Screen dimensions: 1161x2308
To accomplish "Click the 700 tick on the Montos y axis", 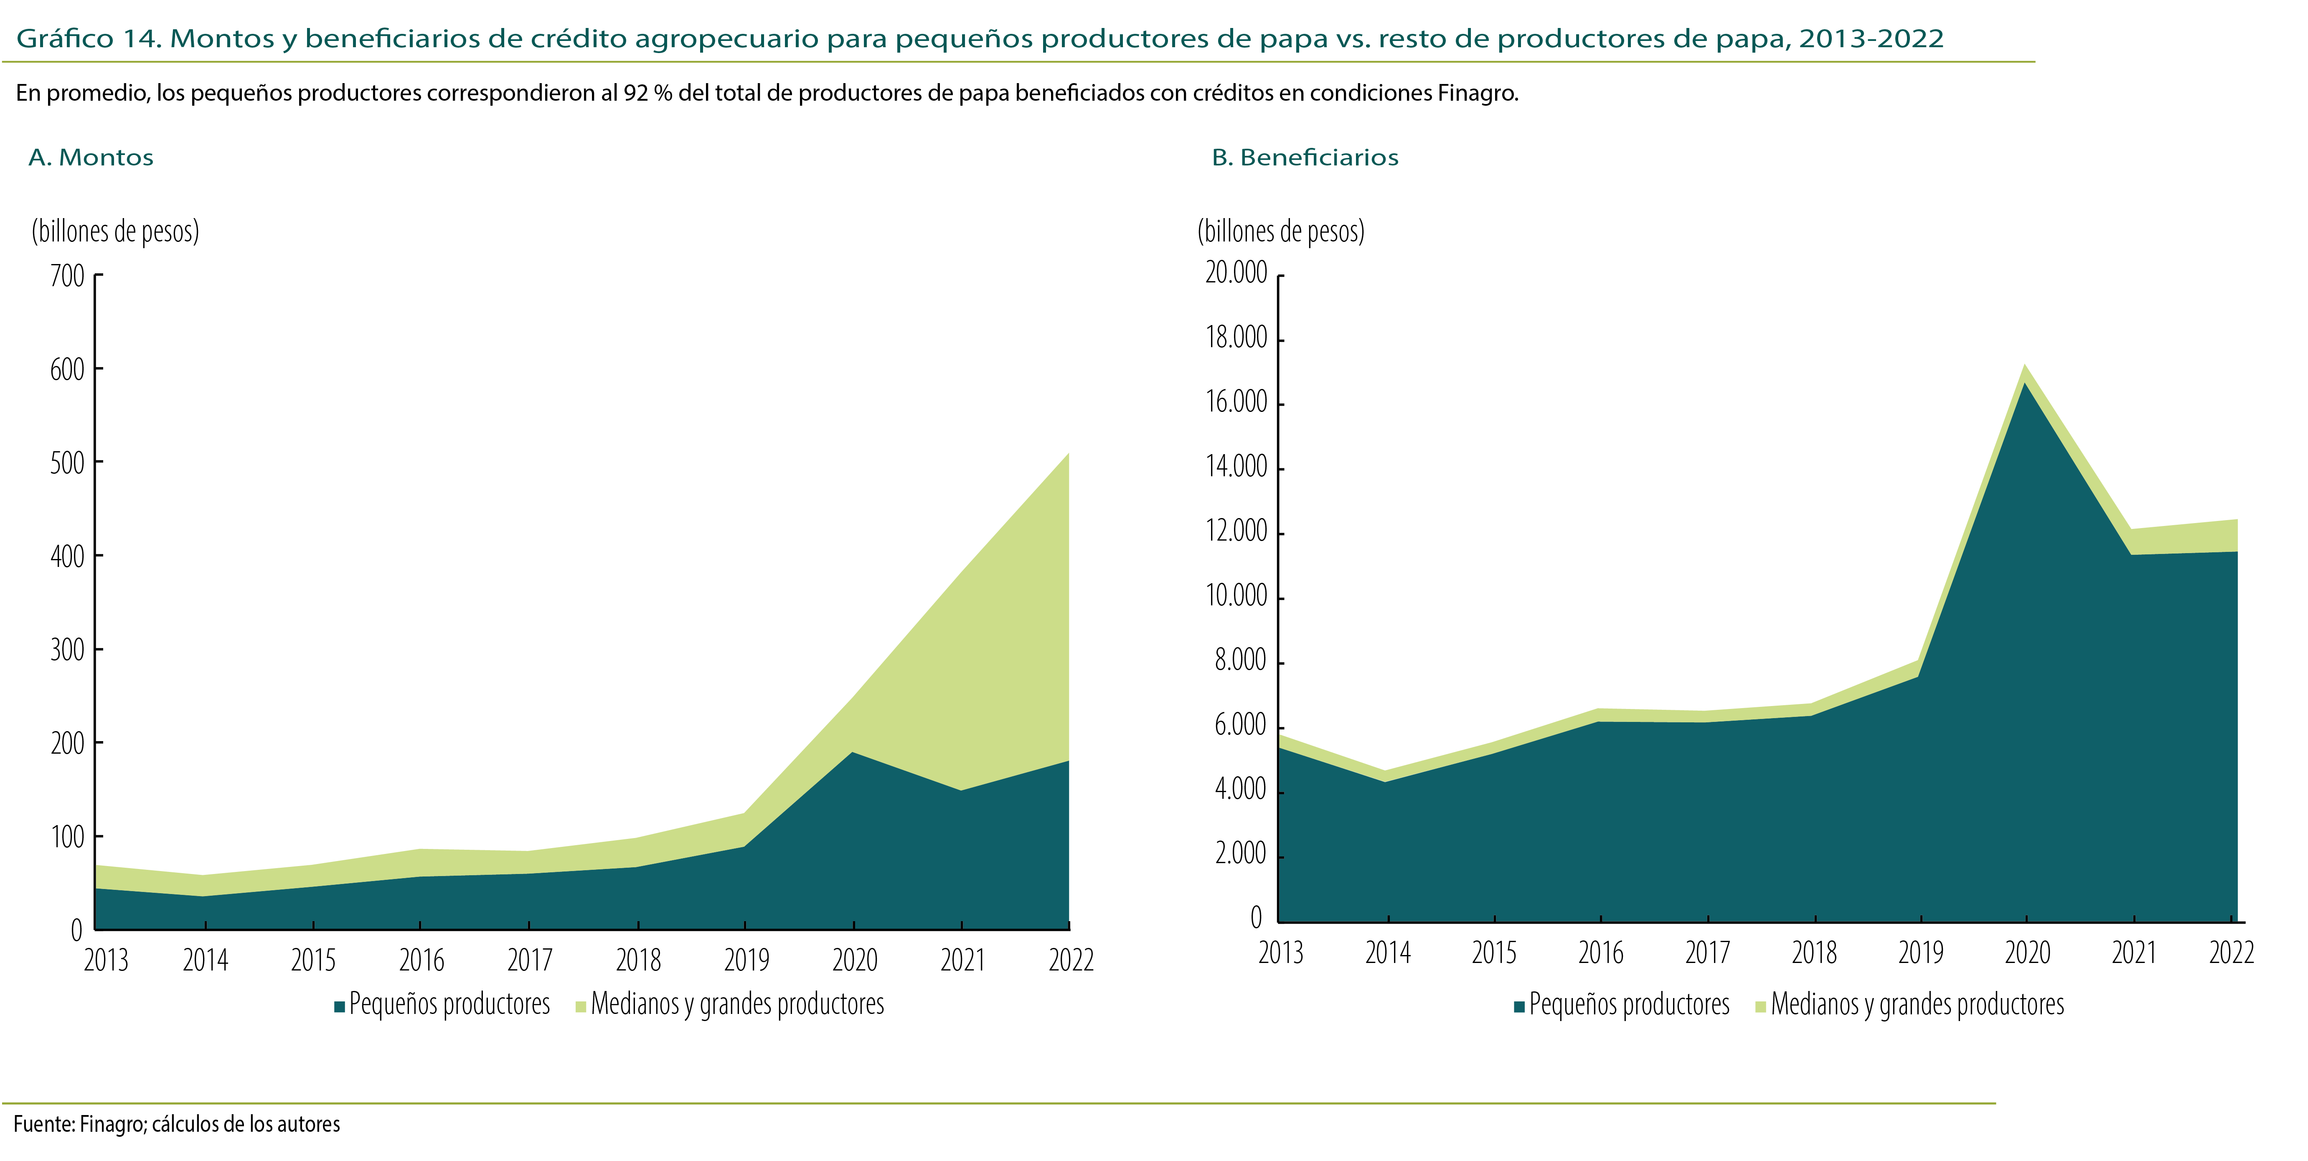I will click(67, 276).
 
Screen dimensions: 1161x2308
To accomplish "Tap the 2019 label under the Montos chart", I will click(746, 960).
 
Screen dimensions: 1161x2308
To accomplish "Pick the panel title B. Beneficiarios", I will click(1305, 158).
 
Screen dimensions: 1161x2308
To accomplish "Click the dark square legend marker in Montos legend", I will click(340, 1007).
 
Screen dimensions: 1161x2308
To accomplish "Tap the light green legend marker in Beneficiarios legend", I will click(1760, 1007).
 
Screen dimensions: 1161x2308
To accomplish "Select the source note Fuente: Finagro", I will click(177, 1124).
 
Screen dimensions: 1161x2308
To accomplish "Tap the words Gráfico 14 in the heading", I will click(88, 38).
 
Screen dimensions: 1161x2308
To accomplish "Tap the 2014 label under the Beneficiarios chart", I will click(1387, 952).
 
